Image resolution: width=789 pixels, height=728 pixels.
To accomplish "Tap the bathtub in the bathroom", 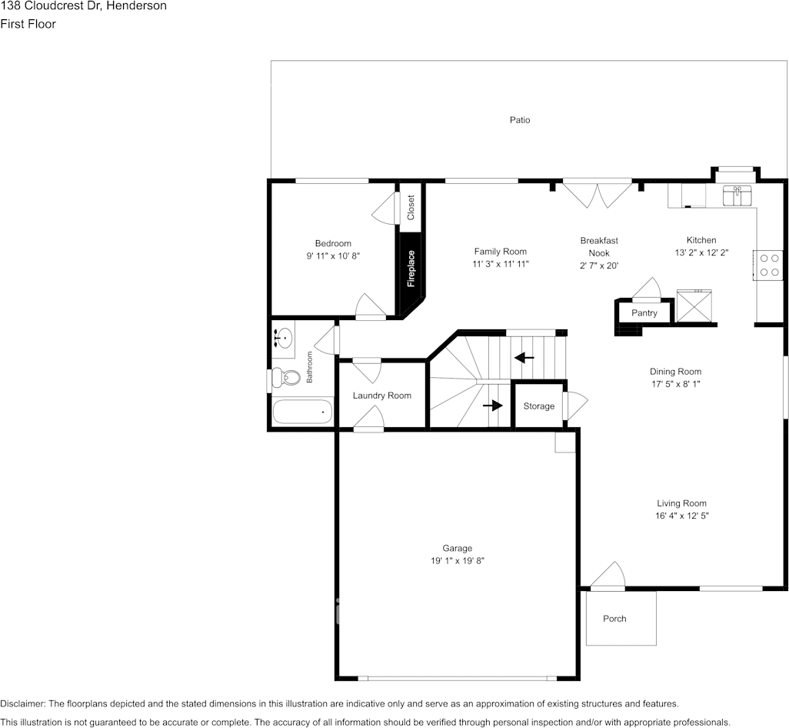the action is (303, 411).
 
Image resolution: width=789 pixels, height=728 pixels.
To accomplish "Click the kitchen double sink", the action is (737, 195).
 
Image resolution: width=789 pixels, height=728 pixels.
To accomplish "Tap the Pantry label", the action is (644, 313).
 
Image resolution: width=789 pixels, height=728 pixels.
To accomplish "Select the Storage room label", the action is (539, 406).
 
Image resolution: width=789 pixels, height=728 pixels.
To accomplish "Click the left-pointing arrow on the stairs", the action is (524, 358).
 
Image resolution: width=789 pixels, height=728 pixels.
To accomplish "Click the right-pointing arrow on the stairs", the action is (493, 406).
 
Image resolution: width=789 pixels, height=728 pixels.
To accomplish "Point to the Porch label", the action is (614, 619).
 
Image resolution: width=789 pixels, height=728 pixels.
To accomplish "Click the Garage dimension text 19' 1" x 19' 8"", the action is (458, 561).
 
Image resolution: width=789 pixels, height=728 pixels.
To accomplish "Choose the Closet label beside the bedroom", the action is (411, 208).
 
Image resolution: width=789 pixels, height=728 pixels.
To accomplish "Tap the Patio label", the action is (520, 120).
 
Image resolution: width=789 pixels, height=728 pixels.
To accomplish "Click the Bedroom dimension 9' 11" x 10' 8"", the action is (333, 255).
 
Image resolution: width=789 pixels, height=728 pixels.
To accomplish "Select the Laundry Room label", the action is (382, 396).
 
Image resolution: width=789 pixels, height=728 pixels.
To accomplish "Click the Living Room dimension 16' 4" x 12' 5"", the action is (682, 516).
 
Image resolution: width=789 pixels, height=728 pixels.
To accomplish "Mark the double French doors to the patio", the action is (598, 194).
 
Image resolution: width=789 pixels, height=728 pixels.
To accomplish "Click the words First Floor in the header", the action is (28, 24).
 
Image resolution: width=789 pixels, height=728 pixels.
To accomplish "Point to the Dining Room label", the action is (675, 372).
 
